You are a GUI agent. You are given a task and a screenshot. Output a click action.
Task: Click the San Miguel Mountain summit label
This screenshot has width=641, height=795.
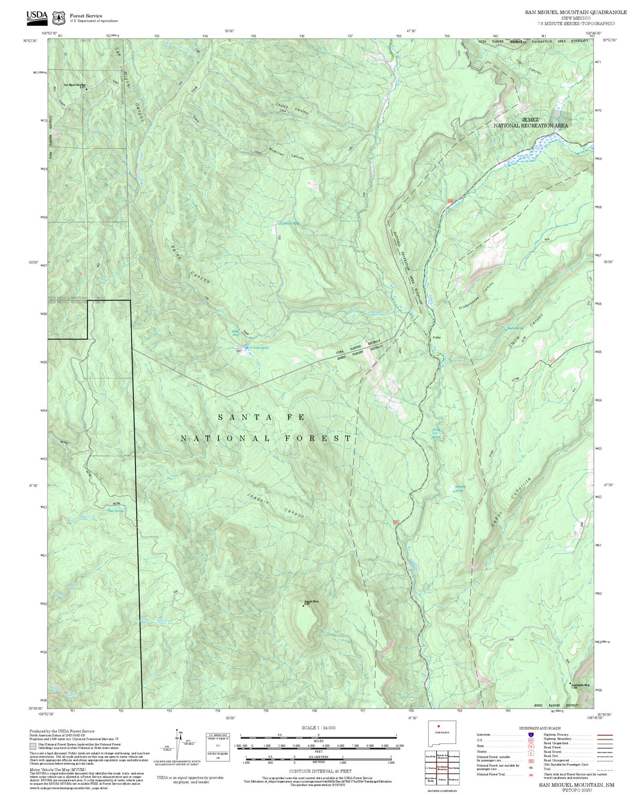[x=75, y=85]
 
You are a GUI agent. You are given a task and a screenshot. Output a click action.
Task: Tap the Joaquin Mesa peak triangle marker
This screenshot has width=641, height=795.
[x=304, y=605]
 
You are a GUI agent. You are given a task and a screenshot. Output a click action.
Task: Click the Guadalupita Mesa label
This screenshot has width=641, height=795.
[x=580, y=685]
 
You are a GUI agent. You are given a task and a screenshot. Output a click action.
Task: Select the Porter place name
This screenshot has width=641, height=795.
[x=436, y=337]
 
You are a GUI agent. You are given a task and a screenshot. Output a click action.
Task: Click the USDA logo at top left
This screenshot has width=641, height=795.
[x=37, y=16]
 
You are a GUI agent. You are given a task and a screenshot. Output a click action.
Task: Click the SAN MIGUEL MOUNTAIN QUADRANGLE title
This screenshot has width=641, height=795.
[x=576, y=12]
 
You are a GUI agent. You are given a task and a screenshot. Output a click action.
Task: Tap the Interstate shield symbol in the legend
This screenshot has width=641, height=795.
[x=531, y=735]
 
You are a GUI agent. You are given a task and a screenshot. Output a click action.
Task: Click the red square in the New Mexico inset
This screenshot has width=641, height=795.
[x=438, y=726]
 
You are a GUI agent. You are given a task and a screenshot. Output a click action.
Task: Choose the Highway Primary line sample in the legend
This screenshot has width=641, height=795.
[x=603, y=735]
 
